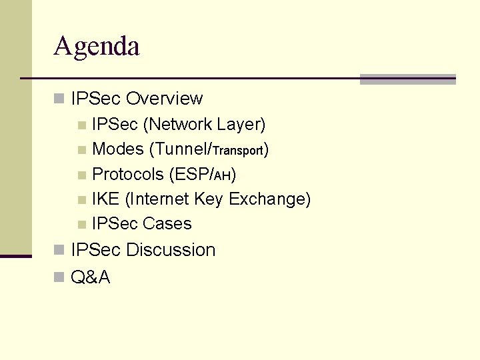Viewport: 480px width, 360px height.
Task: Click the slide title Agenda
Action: [x=97, y=47]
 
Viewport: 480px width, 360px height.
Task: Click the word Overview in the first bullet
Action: [x=164, y=99]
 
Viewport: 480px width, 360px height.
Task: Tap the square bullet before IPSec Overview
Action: [x=59, y=99]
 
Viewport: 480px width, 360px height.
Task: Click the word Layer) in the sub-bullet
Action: [x=244, y=124]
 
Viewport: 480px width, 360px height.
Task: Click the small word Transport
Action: [x=239, y=151]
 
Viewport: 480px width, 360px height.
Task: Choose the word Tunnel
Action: [x=175, y=149]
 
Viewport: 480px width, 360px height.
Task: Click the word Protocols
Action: [x=128, y=174]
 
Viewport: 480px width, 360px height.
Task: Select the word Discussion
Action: [x=171, y=250]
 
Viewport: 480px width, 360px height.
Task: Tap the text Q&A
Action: [x=90, y=277]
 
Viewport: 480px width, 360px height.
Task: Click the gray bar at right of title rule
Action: [x=407, y=79]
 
